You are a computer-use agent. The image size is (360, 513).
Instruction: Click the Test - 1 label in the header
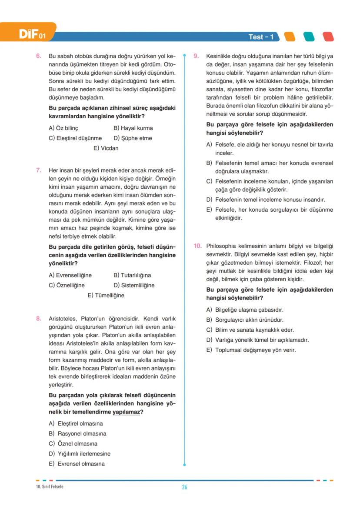(261, 37)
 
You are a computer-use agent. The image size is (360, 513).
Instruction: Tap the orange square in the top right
(290, 37)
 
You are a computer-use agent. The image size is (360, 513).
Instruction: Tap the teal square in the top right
(309, 37)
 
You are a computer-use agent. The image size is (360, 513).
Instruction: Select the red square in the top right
(328, 37)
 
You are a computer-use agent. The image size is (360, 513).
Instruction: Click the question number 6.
(39, 57)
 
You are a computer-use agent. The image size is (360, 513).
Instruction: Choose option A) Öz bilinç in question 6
(63, 128)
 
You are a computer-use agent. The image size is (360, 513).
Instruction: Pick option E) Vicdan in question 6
(106, 148)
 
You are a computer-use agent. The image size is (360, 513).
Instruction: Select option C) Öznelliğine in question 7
(67, 285)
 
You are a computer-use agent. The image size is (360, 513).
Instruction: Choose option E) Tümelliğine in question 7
(106, 295)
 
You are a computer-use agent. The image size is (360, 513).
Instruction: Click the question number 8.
(39, 318)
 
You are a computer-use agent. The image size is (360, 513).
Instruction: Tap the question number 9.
(196, 57)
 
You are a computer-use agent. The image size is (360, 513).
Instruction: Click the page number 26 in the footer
(184, 487)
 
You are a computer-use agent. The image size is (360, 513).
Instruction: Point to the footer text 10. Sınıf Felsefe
(50, 486)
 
